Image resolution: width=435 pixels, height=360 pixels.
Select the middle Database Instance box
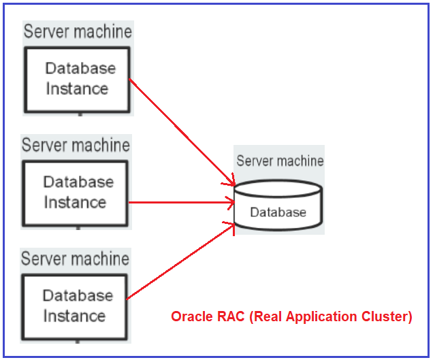click(75, 193)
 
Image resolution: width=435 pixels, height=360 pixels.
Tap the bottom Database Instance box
click(75, 306)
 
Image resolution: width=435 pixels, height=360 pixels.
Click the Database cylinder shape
click(278, 204)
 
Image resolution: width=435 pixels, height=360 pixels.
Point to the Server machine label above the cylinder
click(280, 161)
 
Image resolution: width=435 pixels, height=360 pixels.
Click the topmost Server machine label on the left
click(78, 31)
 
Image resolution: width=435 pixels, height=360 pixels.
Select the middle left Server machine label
click(76, 146)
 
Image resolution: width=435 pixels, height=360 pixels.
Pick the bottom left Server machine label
click(75, 259)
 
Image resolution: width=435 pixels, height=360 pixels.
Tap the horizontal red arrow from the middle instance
click(180, 202)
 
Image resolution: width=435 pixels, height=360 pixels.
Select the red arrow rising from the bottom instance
click(180, 263)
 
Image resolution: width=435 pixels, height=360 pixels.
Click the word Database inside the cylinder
click(278, 212)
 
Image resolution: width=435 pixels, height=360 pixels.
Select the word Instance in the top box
click(77, 89)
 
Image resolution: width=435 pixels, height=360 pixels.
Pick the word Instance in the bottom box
click(75, 316)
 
